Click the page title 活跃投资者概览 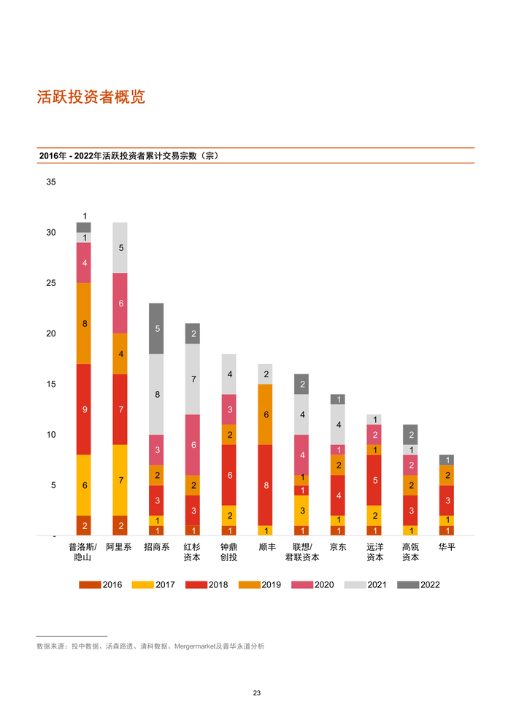click(x=91, y=97)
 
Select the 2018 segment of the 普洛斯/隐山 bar click(x=84, y=410)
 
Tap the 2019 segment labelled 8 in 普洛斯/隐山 click(x=84, y=323)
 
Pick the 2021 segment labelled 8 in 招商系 click(x=156, y=394)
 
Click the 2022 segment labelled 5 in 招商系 click(x=156, y=328)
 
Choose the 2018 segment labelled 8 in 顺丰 click(x=265, y=484)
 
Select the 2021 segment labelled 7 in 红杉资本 click(x=193, y=379)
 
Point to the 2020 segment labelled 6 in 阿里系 click(x=120, y=303)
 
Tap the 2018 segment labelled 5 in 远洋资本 click(x=374, y=480)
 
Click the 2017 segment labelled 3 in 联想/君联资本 click(x=301, y=511)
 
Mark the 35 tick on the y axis click(x=51, y=182)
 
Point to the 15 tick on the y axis click(x=51, y=384)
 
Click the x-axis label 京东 click(x=337, y=546)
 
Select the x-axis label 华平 click(x=447, y=546)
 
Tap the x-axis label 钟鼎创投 click(x=228, y=552)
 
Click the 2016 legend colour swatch click(x=90, y=584)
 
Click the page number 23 click(x=256, y=693)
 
